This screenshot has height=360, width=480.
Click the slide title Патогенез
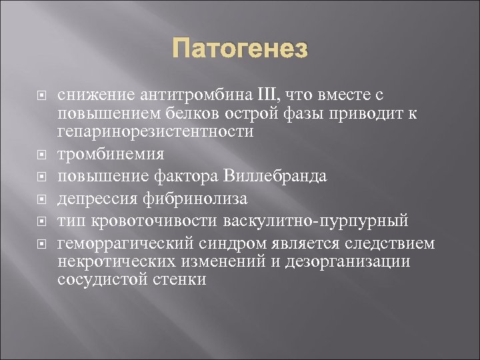(240, 49)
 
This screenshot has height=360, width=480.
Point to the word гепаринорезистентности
(155, 131)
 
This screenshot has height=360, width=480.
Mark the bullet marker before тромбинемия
(42, 155)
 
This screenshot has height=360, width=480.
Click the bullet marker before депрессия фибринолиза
(42, 199)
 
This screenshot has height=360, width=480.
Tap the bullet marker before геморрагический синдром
(42, 243)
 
